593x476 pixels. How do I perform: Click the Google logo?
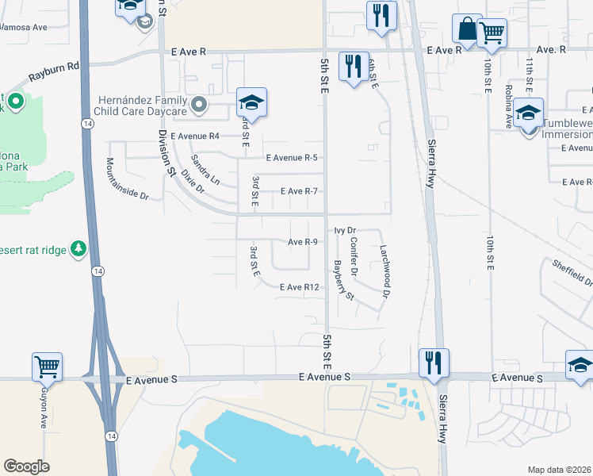[26, 466]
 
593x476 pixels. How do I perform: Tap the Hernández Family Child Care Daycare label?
[143, 106]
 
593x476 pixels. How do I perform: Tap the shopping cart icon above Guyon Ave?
[48, 367]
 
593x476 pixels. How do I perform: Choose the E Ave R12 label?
[299, 287]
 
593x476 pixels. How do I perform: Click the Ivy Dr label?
[346, 230]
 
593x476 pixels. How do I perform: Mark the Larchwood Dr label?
[384, 271]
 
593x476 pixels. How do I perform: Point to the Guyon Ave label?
[44, 408]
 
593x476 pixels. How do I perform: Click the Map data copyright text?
[559, 470]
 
